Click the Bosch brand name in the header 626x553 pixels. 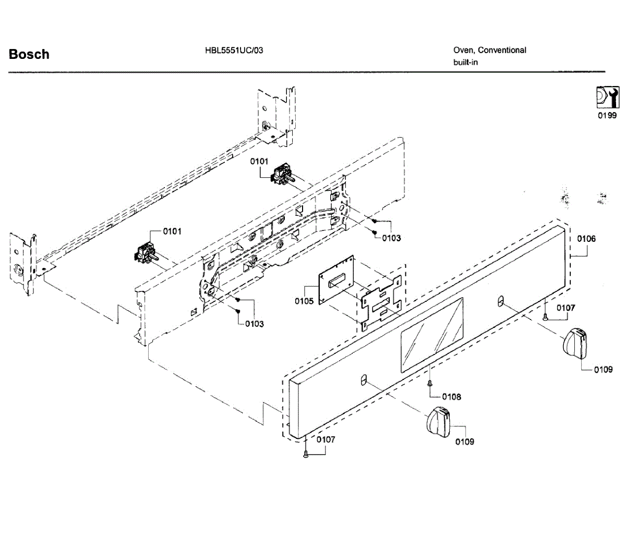pos(29,54)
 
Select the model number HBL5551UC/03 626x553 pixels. pos(234,51)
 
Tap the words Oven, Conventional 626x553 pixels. pos(490,50)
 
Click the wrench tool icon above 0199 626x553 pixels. pos(607,97)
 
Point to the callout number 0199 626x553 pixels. pos(607,116)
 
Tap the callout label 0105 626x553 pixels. pos(304,301)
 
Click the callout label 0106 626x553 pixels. pos(586,239)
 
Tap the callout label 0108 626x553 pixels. pos(452,397)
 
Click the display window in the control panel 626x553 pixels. pos(431,335)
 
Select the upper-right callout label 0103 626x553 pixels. pos(391,238)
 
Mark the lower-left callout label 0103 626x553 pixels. pos(255,324)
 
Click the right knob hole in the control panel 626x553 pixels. pos(500,301)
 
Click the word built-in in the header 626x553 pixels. pos(466,63)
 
